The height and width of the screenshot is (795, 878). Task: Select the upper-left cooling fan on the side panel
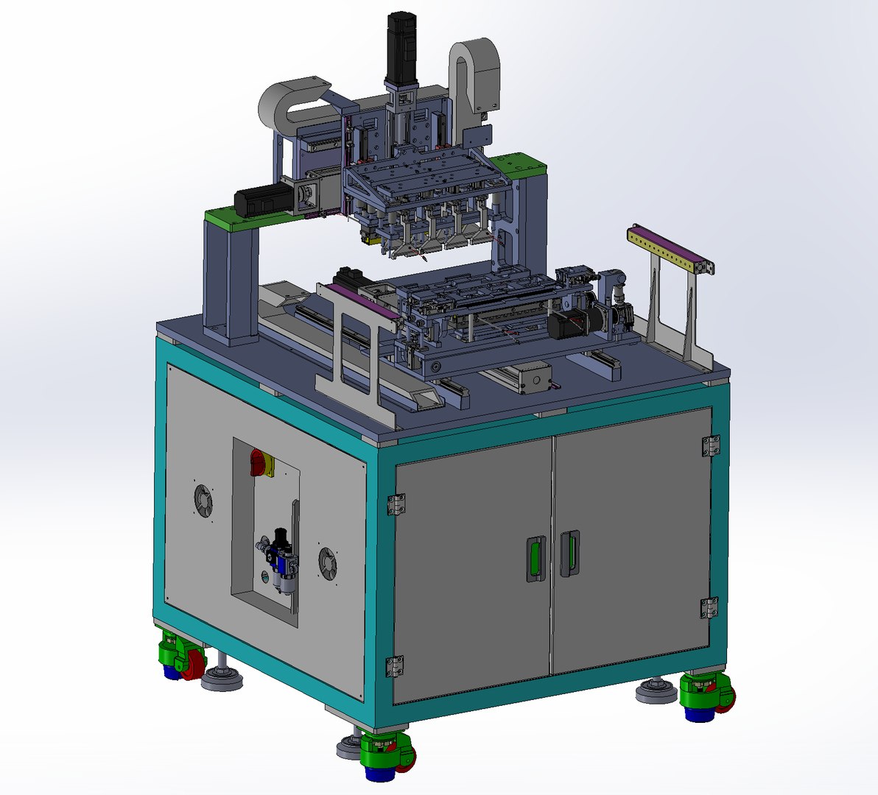click(x=203, y=501)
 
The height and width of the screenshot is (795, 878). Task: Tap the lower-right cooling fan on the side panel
click(x=329, y=564)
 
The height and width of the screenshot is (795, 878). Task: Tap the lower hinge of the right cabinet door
click(x=709, y=607)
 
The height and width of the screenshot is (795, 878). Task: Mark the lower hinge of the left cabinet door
click(x=395, y=665)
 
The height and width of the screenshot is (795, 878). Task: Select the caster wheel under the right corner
click(x=706, y=696)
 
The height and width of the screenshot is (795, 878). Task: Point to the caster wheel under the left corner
click(x=181, y=657)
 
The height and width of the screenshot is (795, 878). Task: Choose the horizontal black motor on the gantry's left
click(x=261, y=199)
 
